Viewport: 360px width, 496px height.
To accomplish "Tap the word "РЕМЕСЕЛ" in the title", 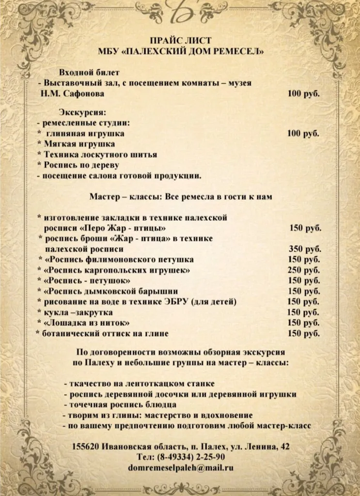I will point(238,51).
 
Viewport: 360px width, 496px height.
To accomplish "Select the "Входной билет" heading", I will point(89,72).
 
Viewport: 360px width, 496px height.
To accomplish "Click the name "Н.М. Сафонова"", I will point(72,93).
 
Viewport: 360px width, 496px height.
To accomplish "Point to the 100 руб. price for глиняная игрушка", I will point(303,133).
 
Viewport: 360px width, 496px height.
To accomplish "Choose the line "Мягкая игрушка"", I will point(79,144).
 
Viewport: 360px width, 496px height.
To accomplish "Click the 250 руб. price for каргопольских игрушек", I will point(304,270).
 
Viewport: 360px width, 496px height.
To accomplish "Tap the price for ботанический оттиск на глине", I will point(304,333).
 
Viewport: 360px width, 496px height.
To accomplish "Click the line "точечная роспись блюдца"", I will point(120,404).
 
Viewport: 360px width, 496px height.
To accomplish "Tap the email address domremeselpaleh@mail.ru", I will point(181,467).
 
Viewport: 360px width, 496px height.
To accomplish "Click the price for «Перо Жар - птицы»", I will point(305,228).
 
